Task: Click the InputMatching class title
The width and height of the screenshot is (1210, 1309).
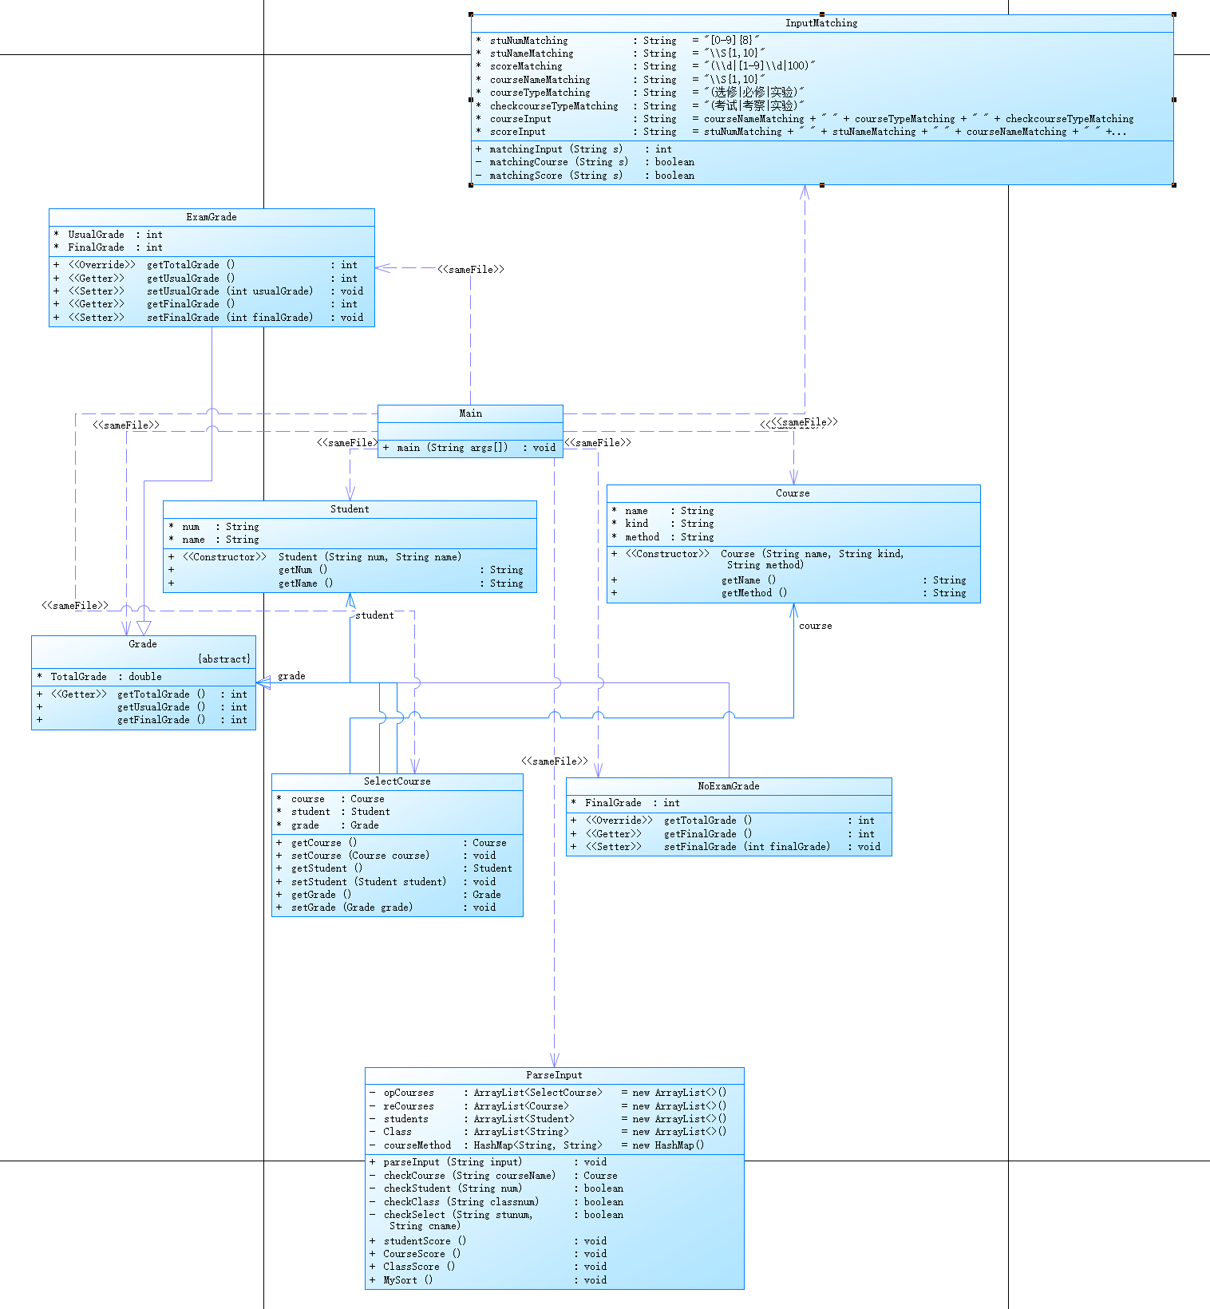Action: click(821, 23)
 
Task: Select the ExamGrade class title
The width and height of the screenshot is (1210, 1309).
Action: click(212, 217)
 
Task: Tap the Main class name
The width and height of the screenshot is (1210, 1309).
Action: click(470, 413)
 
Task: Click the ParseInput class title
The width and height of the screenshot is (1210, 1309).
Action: click(554, 1075)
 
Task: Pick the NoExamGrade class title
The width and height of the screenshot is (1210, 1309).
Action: click(729, 786)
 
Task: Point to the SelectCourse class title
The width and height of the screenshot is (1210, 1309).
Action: click(397, 781)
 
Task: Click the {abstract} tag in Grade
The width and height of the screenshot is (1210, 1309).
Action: click(224, 659)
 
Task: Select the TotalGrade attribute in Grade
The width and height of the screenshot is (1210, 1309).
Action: click(78, 677)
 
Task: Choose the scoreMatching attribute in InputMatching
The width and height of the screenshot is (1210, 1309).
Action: click(526, 66)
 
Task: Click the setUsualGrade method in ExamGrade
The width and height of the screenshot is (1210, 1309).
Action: click(230, 291)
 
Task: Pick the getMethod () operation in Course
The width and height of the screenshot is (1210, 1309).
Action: click(754, 593)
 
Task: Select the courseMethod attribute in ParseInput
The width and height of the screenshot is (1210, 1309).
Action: click(417, 1145)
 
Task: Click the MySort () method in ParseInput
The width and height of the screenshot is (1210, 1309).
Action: click(408, 1280)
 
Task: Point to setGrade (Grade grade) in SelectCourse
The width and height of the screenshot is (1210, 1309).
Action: click(352, 908)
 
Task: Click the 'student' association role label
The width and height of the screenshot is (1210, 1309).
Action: click(374, 615)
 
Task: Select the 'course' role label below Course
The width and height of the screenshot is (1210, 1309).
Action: click(815, 626)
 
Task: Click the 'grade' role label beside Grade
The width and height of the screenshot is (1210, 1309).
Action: click(291, 676)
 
